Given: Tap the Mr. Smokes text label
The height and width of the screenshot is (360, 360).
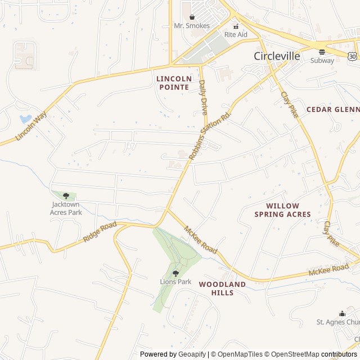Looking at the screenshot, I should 192,26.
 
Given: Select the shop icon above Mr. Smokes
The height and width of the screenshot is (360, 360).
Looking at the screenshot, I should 192,17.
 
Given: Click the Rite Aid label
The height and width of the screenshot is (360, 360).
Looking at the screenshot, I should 236,34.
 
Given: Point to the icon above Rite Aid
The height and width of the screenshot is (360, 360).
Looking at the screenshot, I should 236,25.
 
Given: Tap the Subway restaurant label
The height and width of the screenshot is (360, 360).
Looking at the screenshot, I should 322,60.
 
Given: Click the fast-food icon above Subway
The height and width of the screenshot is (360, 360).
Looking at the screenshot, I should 322,52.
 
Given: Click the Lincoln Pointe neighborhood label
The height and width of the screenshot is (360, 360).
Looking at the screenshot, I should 174,83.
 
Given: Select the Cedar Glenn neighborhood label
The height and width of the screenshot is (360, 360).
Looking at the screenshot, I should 332,109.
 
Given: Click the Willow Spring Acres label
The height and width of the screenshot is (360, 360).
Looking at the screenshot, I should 282,210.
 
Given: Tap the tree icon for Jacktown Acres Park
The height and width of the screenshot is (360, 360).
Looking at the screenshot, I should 66,196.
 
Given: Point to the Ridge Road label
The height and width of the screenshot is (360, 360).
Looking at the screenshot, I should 100,232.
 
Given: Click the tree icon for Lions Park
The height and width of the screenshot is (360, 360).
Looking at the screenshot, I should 175,273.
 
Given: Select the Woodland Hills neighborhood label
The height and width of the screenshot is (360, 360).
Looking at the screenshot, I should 222,289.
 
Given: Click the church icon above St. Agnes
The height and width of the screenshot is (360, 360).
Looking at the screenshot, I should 341,313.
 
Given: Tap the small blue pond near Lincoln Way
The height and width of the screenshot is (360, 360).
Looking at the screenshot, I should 26,119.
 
